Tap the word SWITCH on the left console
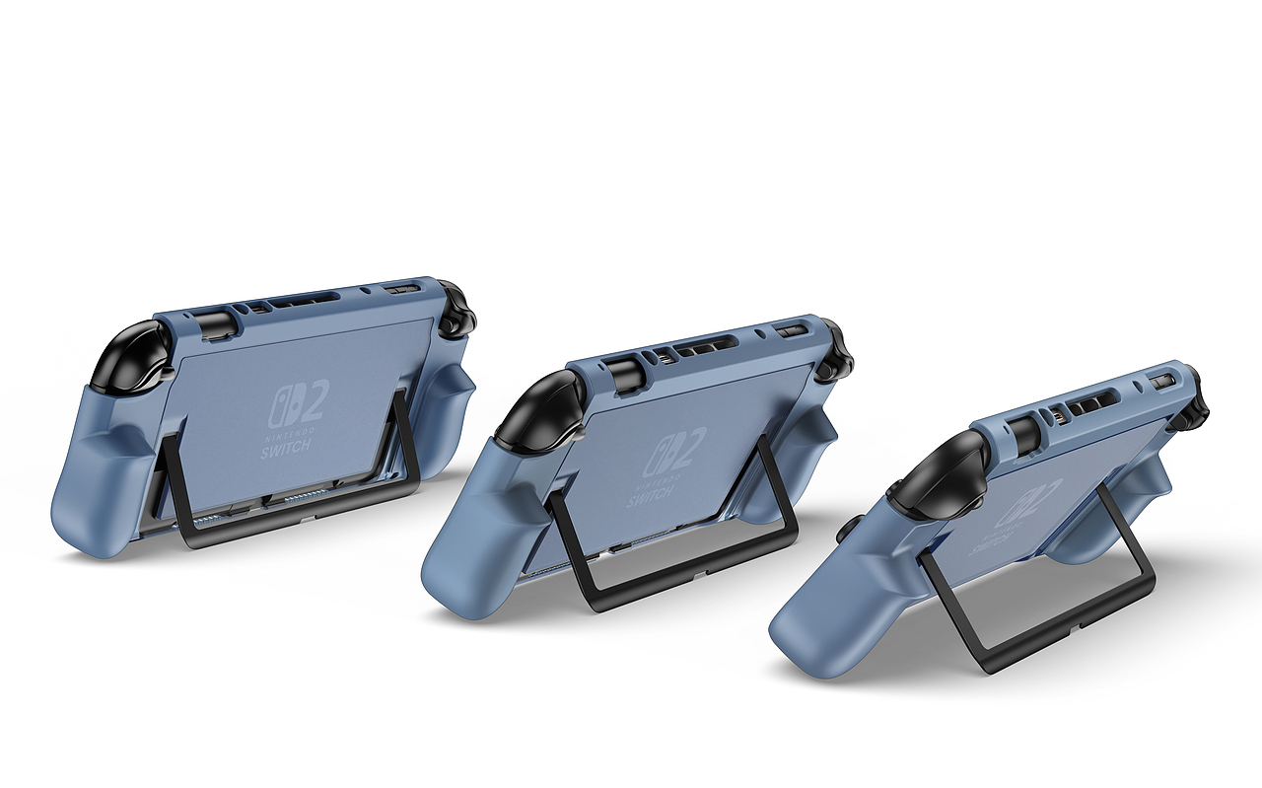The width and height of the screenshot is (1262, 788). pyautogui.click(x=287, y=447)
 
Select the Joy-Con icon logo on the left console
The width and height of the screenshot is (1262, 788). pyautogui.click(x=281, y=410)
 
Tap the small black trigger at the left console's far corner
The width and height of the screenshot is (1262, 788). pyautogui.click(x=457, y=308)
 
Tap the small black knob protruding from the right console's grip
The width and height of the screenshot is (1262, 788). pyautogui.click(x=844, y=532)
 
